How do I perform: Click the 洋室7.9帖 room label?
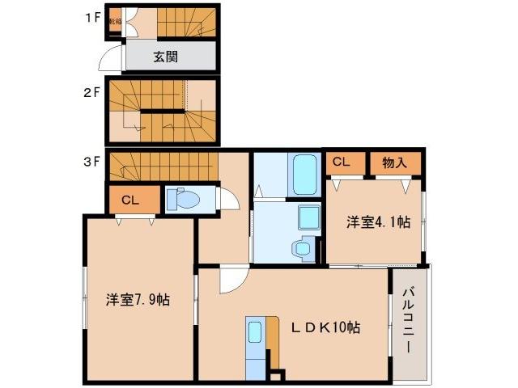pos(137,300)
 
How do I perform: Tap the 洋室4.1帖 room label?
pos(376,222)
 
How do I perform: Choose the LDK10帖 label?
pos(325,327)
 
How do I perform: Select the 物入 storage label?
pos(394,162)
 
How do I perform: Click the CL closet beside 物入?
pos(341,162)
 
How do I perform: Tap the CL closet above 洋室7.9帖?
pos(129,200)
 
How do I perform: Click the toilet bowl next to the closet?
pos(186,200)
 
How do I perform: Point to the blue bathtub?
pos(304,174)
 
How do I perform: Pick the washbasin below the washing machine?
pos(304,250)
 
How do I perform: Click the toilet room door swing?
pos(227,200)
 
